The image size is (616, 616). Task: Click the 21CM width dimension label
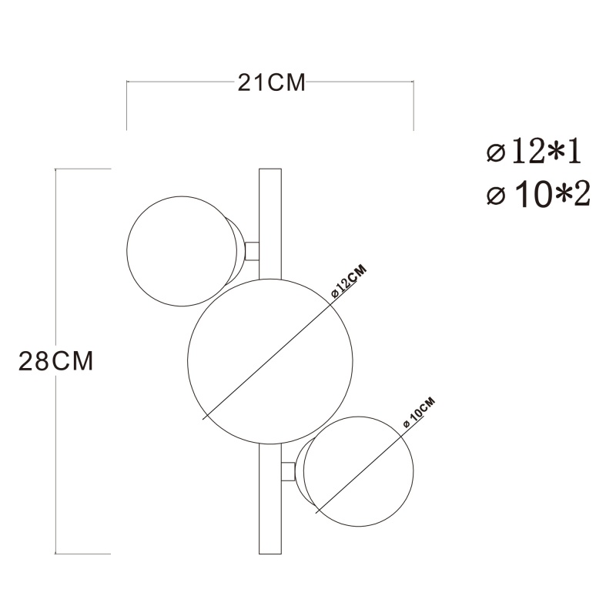click(x=271, y=82)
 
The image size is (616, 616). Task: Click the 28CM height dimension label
click(x=55, y=361)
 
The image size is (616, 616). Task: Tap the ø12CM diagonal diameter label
click(x=349, y=282)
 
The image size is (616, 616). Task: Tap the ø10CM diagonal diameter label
click(x=419, y=413)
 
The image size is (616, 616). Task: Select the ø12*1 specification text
click(x=534, y=152)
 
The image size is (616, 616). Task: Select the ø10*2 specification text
click(x=538, y=196)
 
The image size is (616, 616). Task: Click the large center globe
click(x=270, y=361)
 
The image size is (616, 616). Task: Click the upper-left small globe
click(x=182, y=251)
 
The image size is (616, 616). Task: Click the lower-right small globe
click(x=358, y=471)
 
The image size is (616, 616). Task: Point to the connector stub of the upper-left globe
click(x=252, y=252)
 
